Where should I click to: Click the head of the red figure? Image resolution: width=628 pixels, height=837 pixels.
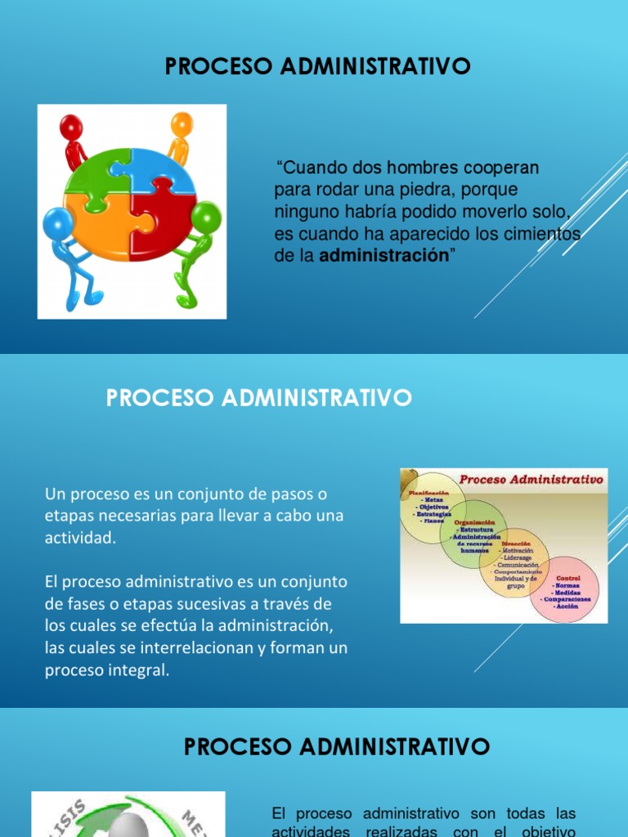click(x=72, y=128)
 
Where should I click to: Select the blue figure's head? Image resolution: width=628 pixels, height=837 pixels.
click(x=57, y=222)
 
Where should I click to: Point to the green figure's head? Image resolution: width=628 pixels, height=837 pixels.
click(x=206, y=217)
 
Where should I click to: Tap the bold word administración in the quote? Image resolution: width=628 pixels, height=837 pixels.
click(x=384, y=256)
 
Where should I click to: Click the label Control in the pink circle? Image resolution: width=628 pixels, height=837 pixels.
click(x=568, y=578)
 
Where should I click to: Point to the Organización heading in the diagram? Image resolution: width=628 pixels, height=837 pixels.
click(x=475, y=522)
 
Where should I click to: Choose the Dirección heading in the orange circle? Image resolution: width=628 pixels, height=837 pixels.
click(x=516, y=543)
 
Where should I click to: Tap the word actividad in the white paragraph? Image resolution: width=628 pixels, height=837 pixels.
click(x=80, y=538)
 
